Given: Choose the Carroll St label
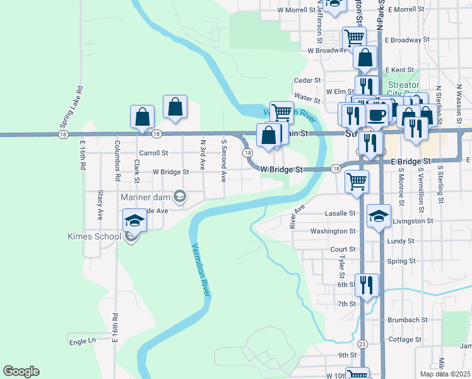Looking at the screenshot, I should [x=153, y=153].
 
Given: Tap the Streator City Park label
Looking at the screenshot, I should [x=404, y=89].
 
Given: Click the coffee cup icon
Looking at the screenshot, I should [x=378, y=116].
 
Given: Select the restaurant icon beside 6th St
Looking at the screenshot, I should [x=366, y=286].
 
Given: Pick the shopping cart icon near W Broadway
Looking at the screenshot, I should [x=354, y=39].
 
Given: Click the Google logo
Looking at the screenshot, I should [x=21, y=371].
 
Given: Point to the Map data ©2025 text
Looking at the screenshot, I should [x=445, y=374].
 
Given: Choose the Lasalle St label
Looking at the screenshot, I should [x=343, y=214].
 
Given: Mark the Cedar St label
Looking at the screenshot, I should [x=308, y=81].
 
